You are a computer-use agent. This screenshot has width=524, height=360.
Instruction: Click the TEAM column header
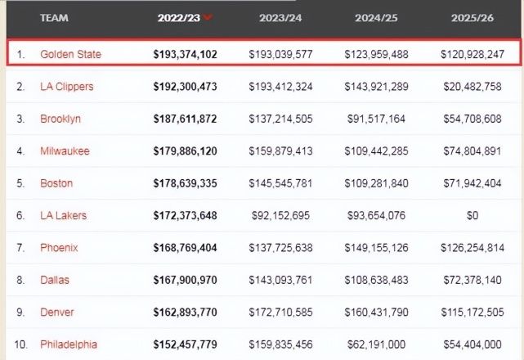pos(55,17)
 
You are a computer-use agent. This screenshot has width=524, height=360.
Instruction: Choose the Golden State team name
pos(71,54)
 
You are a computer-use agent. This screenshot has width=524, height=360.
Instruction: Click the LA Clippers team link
pos(67,87)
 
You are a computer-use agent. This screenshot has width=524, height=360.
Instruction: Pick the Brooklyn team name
pos(60,119)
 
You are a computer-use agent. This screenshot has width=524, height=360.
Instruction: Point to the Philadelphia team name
pos(69,344)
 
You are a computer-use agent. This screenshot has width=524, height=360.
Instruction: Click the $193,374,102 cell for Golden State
pos(185,54)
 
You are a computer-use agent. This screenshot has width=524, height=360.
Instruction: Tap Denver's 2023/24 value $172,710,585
pos(280,312)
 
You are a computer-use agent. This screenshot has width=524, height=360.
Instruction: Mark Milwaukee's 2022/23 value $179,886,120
pos(185,151)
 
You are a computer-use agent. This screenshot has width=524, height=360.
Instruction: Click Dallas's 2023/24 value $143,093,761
pos(280,280)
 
